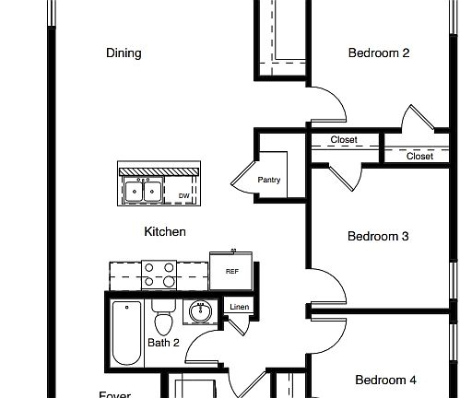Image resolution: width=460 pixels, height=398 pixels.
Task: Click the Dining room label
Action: (124, 53)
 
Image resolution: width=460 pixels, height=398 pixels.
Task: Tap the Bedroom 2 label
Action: (378, 53)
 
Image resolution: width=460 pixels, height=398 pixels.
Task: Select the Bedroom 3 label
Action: (377, 237)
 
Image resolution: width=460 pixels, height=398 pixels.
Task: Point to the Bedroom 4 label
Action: (385, 380)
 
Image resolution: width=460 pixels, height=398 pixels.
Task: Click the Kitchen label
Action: (165, 232)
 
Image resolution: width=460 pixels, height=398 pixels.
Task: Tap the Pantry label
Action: (269, 181)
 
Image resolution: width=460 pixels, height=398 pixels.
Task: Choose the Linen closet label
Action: (239, 307)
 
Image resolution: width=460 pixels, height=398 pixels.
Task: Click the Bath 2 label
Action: (163, 344)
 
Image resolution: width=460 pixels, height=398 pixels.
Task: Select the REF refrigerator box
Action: (231, 271)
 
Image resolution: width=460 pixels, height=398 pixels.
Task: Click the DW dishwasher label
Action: (183, 196)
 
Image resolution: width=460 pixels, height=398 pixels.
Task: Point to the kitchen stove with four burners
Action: (158, 274)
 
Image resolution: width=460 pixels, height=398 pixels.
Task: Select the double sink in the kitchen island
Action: (144, 192)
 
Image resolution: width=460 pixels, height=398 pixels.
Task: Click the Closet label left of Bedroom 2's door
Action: (343, 140)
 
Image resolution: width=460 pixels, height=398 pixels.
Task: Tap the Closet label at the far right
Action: (419, 157)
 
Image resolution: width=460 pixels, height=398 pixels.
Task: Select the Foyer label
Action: (115, 394)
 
